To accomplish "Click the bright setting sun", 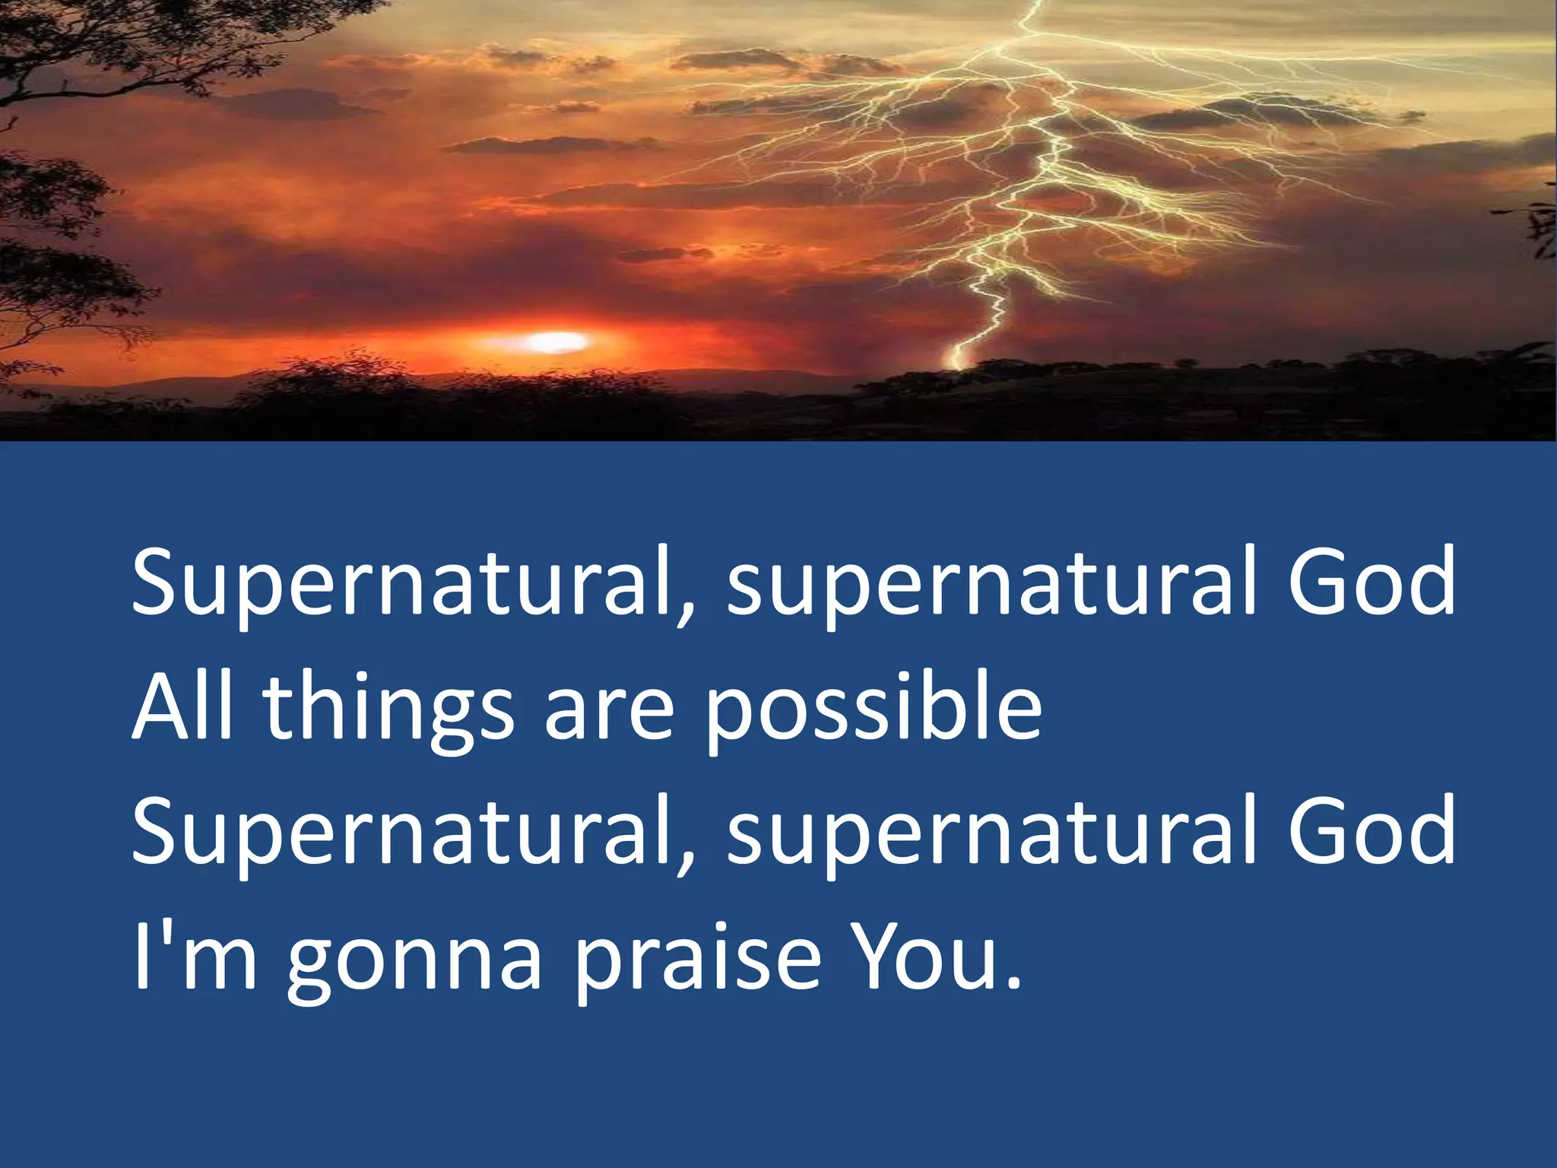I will pos(559,342).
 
